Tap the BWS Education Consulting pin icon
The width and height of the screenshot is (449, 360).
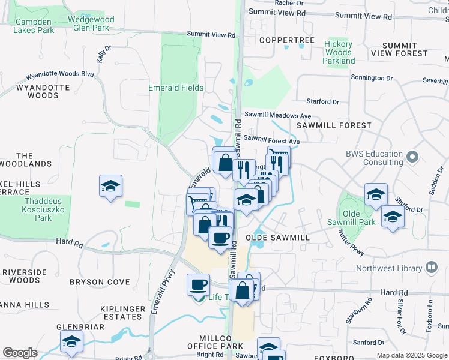click(x=412, y=157)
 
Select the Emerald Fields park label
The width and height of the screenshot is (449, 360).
click(x=176, y=88)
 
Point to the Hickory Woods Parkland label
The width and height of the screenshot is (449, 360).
click(x=339, y=52)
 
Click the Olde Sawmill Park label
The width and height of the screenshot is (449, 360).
click(x=358, y=218)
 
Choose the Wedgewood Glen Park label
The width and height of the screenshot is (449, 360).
click(x=89, y=23)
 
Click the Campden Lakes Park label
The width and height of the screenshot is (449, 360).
click(x=33, y=26)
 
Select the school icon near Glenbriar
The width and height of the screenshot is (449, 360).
click(x=72, y=341)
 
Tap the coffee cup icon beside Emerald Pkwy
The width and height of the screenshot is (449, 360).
click(x=198, y=284)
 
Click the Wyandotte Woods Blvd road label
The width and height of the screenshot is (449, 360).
click(x=59, y=76)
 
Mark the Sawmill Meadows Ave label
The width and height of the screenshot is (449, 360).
click(x=277, y=115)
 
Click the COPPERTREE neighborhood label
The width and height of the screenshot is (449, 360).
click(x=287, y=40)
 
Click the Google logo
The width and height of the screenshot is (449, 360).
click(x=20, y=353)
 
